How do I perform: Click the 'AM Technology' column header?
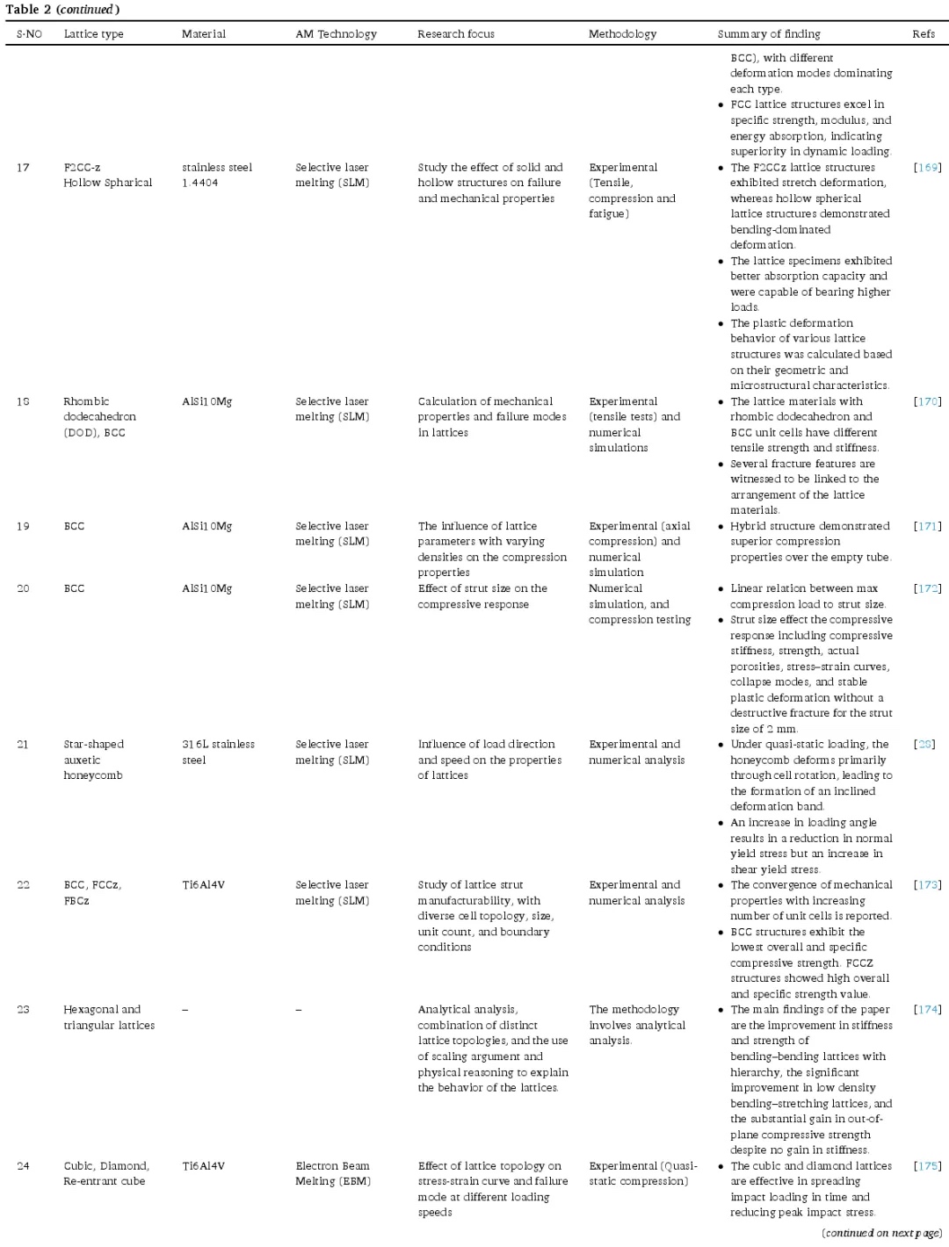tap(336, 34)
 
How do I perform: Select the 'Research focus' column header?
tap(455, 34)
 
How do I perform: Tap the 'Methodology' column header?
tap(622, 34)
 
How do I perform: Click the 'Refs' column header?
tap(923, 34)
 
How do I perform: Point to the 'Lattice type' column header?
tap(93, 34)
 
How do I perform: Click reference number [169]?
tap(927, 167)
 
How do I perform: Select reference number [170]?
tap(927, 401)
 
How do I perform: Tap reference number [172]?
tap(927, 588)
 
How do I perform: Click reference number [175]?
tap(927, 1166)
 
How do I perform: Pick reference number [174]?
tap(927, 1010)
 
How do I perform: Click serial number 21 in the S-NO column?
tap(23, 745)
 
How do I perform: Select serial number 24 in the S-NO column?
tap(23, 1166)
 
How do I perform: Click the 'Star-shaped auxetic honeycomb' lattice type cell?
tap(93, 760)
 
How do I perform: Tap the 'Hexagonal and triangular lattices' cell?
tap(108, 1017)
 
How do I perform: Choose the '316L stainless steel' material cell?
tap(218, 752)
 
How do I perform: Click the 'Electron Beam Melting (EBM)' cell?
tap(333, 1173)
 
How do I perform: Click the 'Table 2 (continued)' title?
tap(62, 10)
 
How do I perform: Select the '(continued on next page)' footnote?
tap(881, 1233)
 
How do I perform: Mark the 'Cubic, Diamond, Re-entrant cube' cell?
tap(105, 1173)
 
